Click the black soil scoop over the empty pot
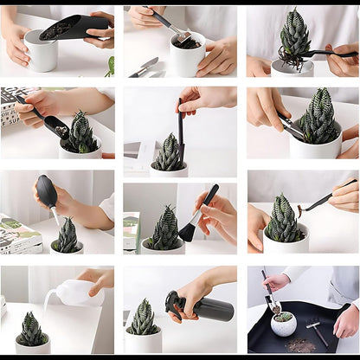coord(73,28)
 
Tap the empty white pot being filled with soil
coord(41,54)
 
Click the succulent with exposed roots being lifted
coord(294,39)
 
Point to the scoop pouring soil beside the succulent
coord(47,119)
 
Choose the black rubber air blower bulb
coord(48,192)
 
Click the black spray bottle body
coord(213,308)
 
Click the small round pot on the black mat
coord(283,323)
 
